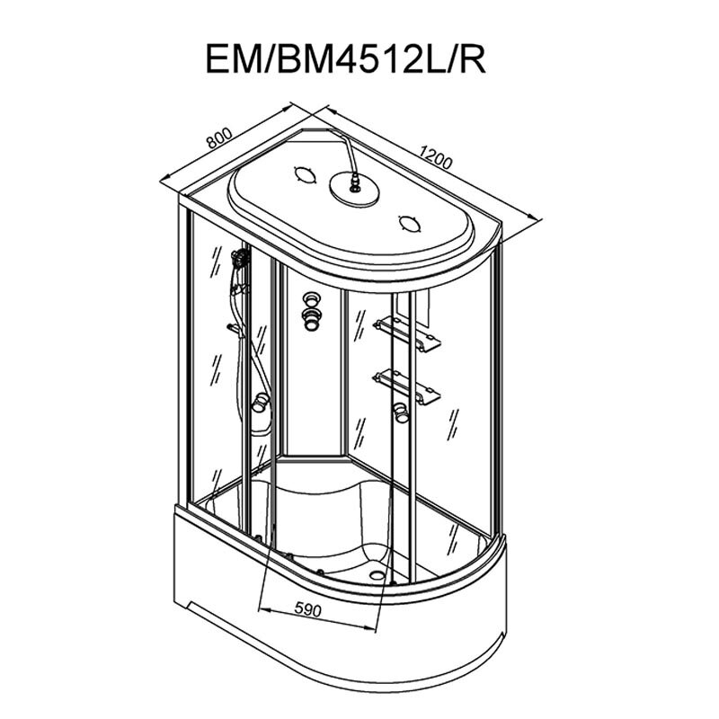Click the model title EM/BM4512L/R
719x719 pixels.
tap(345, 58)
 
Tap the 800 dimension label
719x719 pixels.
tap(219, 137)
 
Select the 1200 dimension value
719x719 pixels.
tap(436, 157)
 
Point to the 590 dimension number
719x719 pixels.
tap(307, 609)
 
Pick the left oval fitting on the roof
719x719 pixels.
tap(305, 174)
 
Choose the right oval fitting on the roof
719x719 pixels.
tap(410, 223)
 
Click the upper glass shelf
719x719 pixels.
tap(407, 334)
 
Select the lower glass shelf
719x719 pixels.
tap(407, 386)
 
